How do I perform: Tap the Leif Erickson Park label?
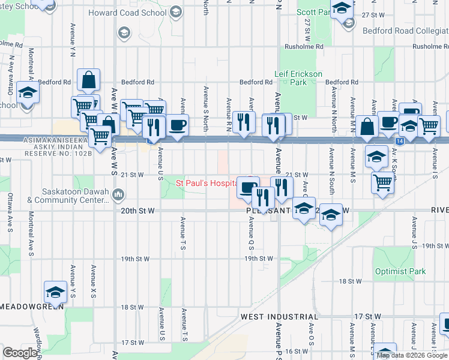click(298, 74)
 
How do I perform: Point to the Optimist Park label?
click(400, 271)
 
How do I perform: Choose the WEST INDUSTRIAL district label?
click(279, 316)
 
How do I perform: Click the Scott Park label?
click(313, 12)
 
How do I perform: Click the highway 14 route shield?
click(399, 140)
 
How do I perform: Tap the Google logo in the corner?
click(19, 353)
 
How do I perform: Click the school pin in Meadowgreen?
click(55, 292)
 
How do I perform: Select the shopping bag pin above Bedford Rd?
click(88, 79)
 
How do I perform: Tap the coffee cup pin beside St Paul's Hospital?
click(247, 187)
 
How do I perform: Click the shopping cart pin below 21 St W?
click(382, 182)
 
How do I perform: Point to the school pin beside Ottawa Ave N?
click(28, 93)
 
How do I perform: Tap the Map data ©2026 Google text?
click(411, 355)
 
